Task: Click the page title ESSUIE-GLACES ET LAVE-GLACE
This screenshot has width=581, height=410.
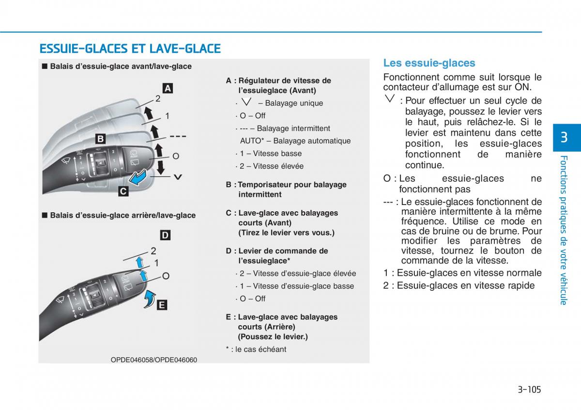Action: click(x=130, y=48)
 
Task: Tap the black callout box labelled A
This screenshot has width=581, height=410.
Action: click(x=167, y=88)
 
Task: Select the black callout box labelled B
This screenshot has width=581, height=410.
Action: click(x=100, y=139)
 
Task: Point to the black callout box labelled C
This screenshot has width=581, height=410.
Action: click(x=123, y=191)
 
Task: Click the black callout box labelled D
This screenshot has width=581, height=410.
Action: click(x=165, y=235)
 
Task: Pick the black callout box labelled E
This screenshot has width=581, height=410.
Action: click(x=162, y=305)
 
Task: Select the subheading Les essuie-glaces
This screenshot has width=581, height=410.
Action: click(x=429, y=63)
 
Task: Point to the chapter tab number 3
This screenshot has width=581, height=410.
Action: click(x=564, y=138)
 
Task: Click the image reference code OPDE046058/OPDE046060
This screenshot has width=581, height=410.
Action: click(x=153, y=360)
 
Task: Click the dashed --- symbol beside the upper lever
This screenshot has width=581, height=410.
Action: click(x=178, y=137)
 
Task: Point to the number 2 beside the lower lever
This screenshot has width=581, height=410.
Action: click(x=153, y=251)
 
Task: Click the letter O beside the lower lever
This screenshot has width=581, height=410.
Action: click(x=166, y=276)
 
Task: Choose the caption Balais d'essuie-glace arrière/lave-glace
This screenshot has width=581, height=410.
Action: click(x=122, y=215)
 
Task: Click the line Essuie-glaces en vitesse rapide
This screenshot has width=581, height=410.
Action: click(x=459, y=285)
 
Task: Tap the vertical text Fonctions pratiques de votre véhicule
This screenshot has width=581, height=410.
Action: click(x=564, y=230)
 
